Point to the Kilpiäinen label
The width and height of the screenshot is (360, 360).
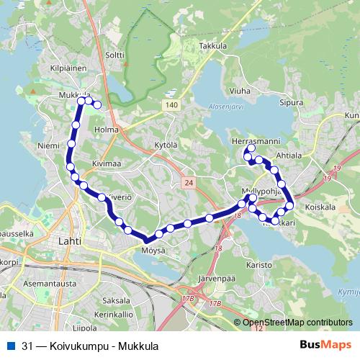click(69, 68)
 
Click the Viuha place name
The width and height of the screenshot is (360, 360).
click(240, 91)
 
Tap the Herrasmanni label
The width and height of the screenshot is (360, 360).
click(251, 140)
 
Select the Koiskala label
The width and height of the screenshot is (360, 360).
click(320, 207)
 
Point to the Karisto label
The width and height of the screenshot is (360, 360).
click(259, 264)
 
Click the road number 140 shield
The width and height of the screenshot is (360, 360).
click(170, 105)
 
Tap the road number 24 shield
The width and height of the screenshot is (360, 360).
click(187, 184)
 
